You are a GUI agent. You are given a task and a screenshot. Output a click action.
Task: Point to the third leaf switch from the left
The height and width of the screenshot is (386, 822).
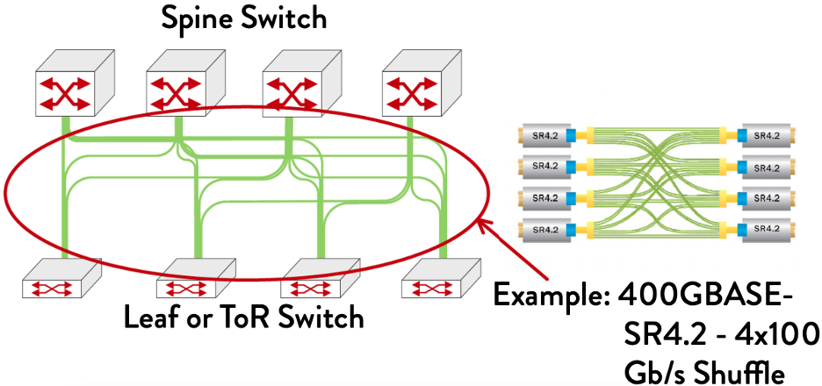318,281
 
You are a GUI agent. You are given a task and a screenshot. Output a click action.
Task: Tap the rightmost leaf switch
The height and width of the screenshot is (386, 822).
440,281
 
